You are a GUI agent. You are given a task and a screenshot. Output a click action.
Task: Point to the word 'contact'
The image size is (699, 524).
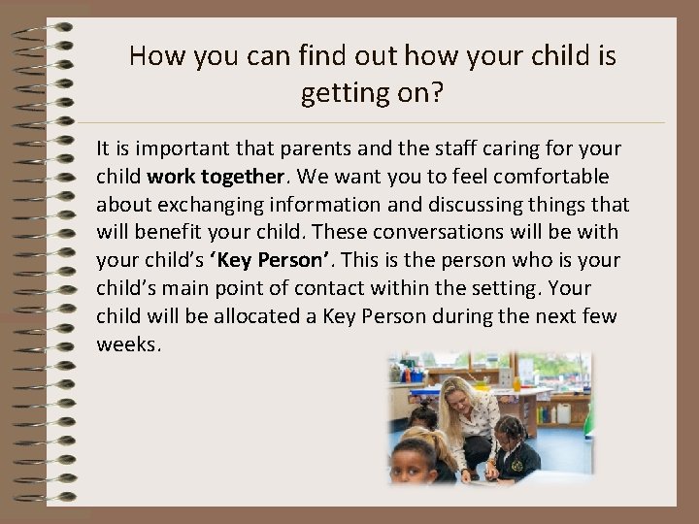372,288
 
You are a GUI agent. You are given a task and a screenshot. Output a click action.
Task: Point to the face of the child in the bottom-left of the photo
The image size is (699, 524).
416,462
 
